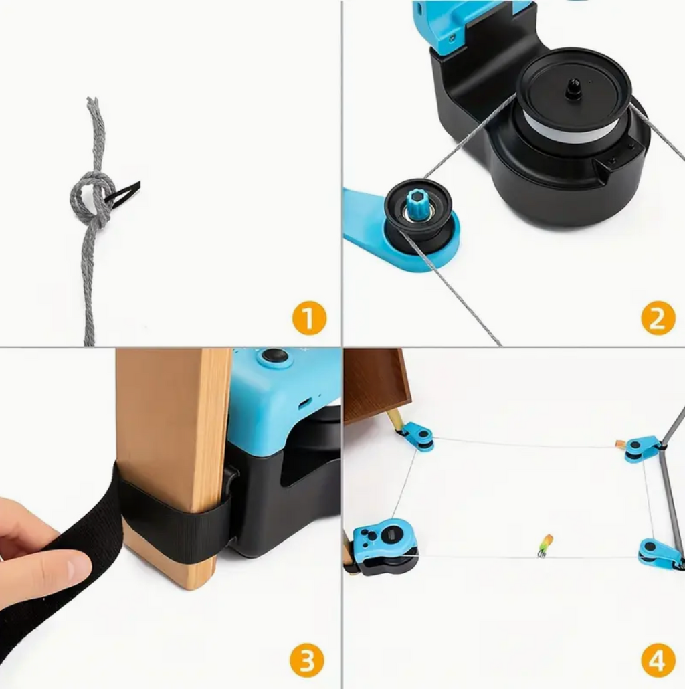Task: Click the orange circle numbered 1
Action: (309, 318)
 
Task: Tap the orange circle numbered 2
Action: (658, 318)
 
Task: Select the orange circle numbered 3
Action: (306, 660)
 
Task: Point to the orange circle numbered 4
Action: (658, 660)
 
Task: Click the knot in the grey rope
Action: (91, 198)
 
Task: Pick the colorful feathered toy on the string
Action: (545, 545)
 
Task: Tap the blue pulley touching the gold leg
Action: (417, 437)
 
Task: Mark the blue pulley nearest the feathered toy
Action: (657, 554)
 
